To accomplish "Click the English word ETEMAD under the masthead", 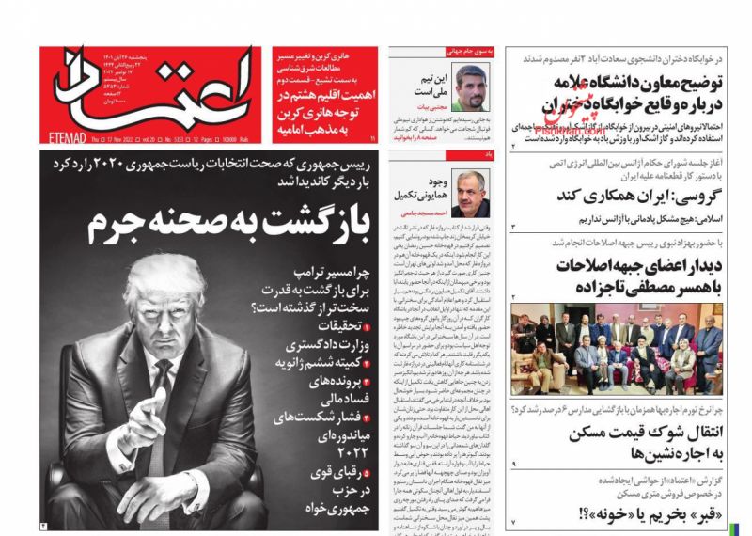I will point(63,139).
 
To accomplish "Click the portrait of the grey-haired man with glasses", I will point(470,194).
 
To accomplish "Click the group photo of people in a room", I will point(616,349).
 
